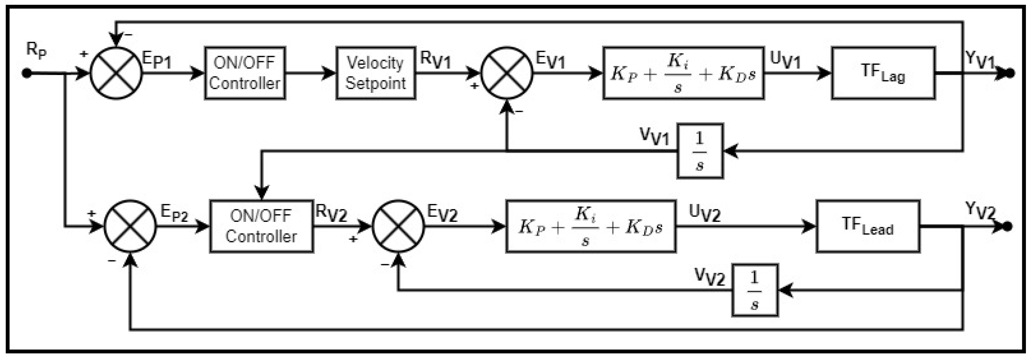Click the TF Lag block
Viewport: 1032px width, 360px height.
(883, 73)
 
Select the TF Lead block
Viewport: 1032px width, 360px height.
(868, 226)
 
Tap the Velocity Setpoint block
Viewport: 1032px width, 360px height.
(375, 73)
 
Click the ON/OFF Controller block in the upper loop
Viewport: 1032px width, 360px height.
(245, 73)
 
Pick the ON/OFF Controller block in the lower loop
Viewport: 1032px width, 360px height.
(261, 226)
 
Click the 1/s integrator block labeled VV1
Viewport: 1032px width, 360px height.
(700, 151)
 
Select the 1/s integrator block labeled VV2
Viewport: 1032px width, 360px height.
(755, 290)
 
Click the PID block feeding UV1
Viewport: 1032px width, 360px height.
(683, 73)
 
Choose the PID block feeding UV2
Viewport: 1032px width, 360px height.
(590, 227)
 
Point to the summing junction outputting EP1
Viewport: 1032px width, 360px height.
(116, 73)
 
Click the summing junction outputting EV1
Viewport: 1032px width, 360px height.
(507, 73)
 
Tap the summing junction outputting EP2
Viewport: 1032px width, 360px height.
(130, 226)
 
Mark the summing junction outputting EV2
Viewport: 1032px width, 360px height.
(398, 226)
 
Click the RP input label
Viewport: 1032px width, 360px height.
(36, 50)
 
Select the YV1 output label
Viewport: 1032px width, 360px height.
(980, 60)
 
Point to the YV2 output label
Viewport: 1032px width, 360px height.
(980, 210)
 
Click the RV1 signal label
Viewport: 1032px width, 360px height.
(435, 60)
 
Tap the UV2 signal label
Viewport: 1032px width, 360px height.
(704, 213)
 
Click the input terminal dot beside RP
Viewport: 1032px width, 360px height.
(27, 73)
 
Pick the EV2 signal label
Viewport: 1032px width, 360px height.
(442, 213)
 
